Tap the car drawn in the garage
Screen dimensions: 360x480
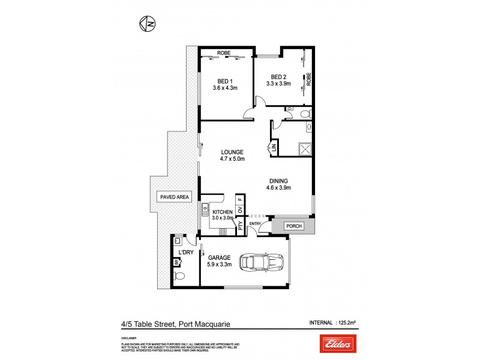point(262,262)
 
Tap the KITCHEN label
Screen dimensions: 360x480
point(221,212)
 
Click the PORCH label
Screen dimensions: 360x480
point(293,226)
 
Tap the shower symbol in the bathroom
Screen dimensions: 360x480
point(305,149)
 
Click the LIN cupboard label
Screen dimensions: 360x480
point(274,146)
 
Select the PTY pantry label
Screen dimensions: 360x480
point(240,226)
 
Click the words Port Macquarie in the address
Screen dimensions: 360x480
point(204,325)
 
